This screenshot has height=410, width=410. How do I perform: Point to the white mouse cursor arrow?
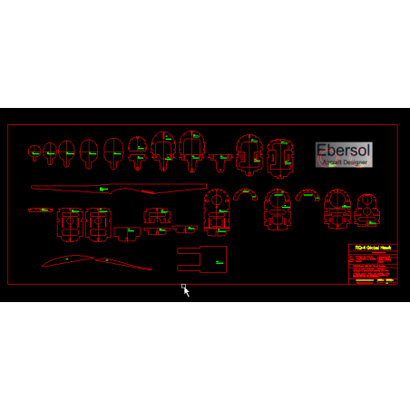tap(187, 292)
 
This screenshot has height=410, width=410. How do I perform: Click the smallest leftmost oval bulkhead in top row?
tap(34, 152)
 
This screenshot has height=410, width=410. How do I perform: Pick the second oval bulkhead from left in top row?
tap(50, 151)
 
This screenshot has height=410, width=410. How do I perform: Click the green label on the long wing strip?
tap(103, 188)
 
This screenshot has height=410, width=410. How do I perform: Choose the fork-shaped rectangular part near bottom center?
tap(200, 259)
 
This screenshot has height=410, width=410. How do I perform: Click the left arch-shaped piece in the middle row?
tap(245, 194)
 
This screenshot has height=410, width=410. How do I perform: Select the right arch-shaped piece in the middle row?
tap(307, 194)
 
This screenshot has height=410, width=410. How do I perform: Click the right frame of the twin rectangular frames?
tap(97, 223)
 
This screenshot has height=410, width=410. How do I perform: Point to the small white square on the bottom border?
tap(183, 286)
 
